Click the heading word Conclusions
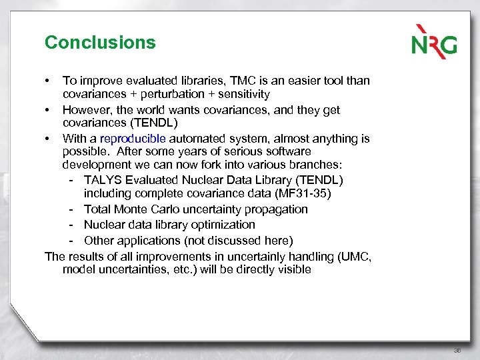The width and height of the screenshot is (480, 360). coord(100,43)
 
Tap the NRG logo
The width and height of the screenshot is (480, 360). coord(433,41)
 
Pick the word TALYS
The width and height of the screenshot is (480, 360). coord(102,180)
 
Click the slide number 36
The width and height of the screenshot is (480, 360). coord(457,349)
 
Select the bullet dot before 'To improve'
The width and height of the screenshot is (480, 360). coord(47,81)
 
